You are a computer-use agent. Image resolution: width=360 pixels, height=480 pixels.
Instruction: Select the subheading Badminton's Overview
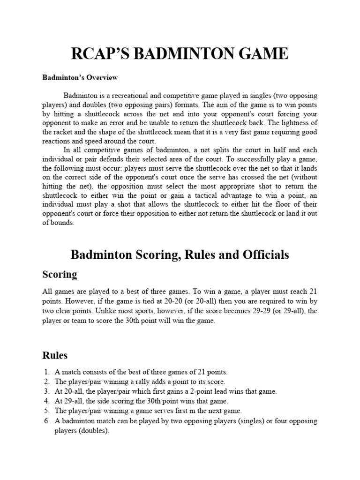coord(80,77)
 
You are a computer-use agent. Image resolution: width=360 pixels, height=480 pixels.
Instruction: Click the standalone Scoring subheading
coord(60,274)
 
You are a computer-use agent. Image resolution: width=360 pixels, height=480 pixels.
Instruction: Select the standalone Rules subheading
coord(55,355)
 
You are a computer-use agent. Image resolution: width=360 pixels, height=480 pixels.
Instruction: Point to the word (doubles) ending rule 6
coord(93,431)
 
